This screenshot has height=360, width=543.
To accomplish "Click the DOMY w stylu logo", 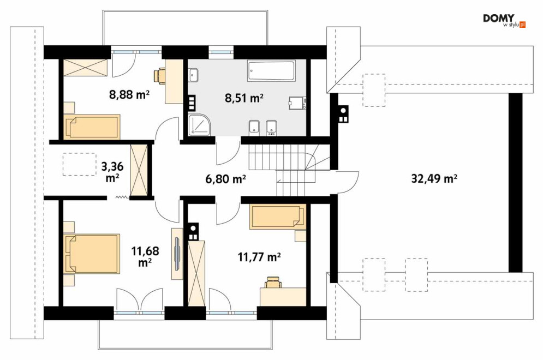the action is pyautogui.click(x=504, y=21).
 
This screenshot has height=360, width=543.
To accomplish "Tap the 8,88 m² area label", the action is pyautogui.click(x=129, y=94).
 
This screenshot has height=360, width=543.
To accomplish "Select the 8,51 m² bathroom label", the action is pyautogui.click(x=244, y=98).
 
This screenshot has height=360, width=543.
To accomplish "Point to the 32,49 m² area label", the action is pyautogui.click(x=434, y=178).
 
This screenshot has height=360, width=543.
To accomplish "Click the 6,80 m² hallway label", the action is pyautogui.click(x=225, y=179).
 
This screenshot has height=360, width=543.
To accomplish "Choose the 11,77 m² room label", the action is pyautogui.click(x=259, y=257).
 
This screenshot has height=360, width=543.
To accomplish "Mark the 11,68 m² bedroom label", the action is pyautogui.click(x=145, y=256).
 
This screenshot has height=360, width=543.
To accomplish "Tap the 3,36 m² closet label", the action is pyautogui.click(x=112, y=172).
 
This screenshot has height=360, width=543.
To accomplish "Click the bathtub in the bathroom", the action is pyautogui.click(x=271, y=71).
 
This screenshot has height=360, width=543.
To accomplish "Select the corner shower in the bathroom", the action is pyautogui.click(x=199, y=124).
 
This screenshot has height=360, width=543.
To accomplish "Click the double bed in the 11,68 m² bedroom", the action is pyautogui.click(x=92, y=254).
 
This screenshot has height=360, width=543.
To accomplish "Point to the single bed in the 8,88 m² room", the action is pyautogui.click(x=92, y=127).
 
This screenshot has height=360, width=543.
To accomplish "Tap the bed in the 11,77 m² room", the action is pyautogui.click(x=278, y=217).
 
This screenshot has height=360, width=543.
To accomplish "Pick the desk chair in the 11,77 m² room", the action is pyautogui.click(x=273, y=282).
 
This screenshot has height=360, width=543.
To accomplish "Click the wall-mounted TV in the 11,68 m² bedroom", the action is pyautogui.click(x=177, y=254).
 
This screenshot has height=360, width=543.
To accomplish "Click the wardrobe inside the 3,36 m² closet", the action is pyautogui.click(x=139, y=171).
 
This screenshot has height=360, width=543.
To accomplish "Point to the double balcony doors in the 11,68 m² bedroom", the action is pyautogui.click(x=139, y=300).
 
